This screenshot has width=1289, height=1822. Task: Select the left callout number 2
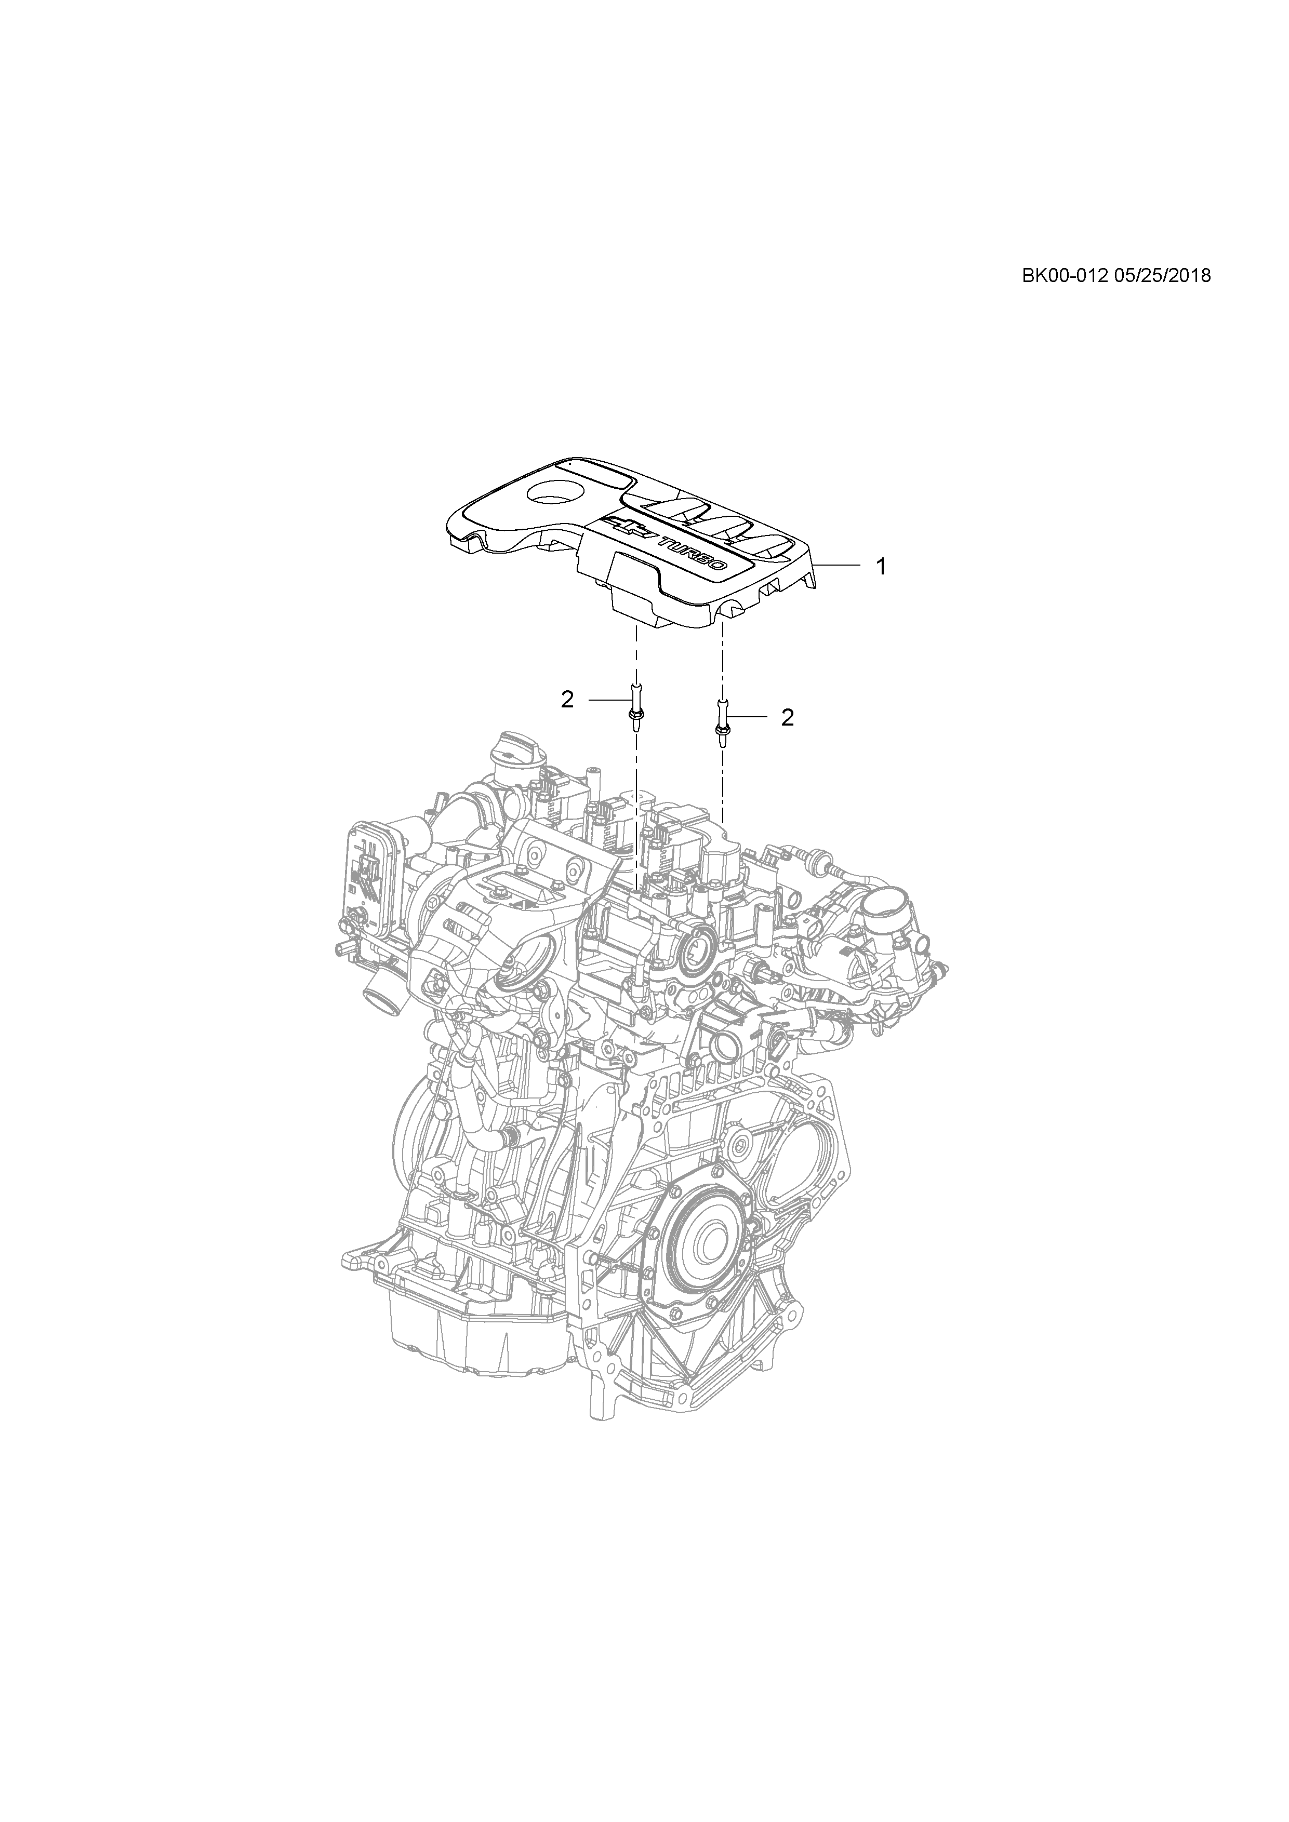[x=567, y=700]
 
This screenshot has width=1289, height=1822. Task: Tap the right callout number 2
[x=787, y=717]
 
